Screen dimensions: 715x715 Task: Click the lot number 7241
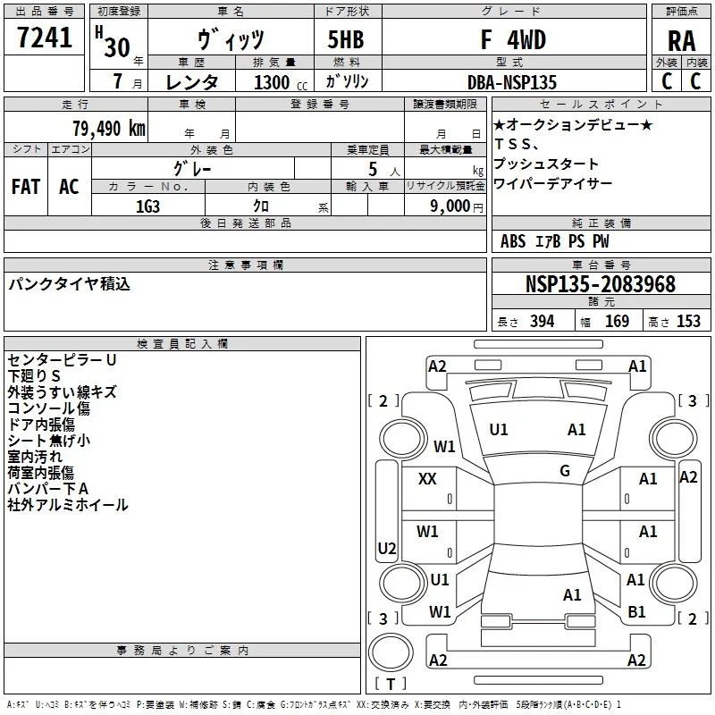click(x=45, y=38)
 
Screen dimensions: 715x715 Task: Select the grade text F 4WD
click(x=513, y=39)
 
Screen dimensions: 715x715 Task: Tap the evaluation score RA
click(x=681, y=41)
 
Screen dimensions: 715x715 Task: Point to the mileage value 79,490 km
click(x=109, y=129)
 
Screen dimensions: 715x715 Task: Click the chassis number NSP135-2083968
click(x=600, y=284)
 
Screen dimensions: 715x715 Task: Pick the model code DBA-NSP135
click(x=512, y=82)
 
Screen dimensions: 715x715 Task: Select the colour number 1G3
click(x=147, y=206)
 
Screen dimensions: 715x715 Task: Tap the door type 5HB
click(x=346, y=39)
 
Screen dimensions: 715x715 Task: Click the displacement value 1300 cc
click(x=281, y=82)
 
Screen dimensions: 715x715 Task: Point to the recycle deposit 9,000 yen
click(x=457, y=206)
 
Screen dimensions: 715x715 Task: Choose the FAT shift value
click(x=26, y=187)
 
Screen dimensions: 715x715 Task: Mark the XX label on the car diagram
click(x=427, y=479)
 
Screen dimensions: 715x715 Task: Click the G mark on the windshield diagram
click(x=565, y=470)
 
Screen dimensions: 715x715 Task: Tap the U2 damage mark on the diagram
click(x=387, y=548)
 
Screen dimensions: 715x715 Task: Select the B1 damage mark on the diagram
click(x=636, y=612)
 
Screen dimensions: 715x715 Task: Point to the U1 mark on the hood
click(x=498, y=430)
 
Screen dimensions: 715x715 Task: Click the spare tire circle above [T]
click(x=391, y=652)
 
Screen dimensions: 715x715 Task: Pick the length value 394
click(x=542, y=321)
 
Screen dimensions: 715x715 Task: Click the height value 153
click(x=688, y=321)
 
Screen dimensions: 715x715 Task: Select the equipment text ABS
click(x=513, y=241)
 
